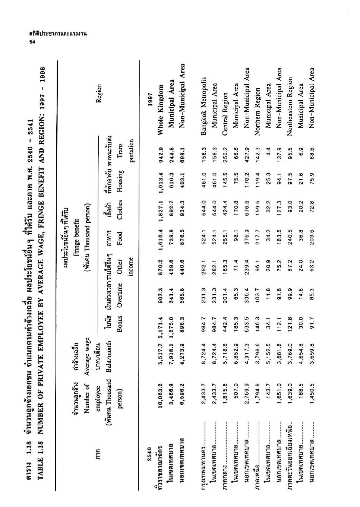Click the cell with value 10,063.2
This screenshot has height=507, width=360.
[161, 391]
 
